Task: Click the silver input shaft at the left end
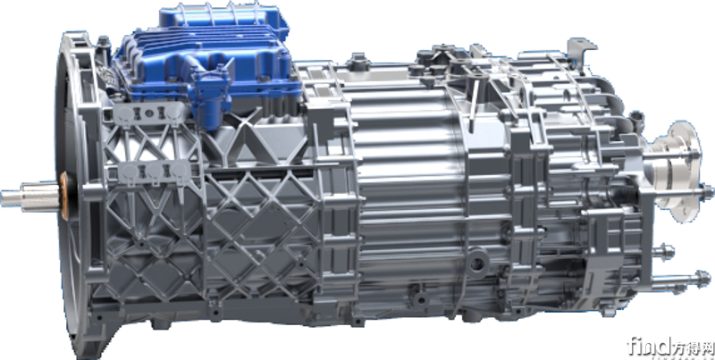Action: (30, 196)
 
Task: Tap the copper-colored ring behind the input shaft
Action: (63, 196)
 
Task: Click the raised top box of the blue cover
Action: (223, 19)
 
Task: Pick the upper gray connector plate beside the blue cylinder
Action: (148, 113)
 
